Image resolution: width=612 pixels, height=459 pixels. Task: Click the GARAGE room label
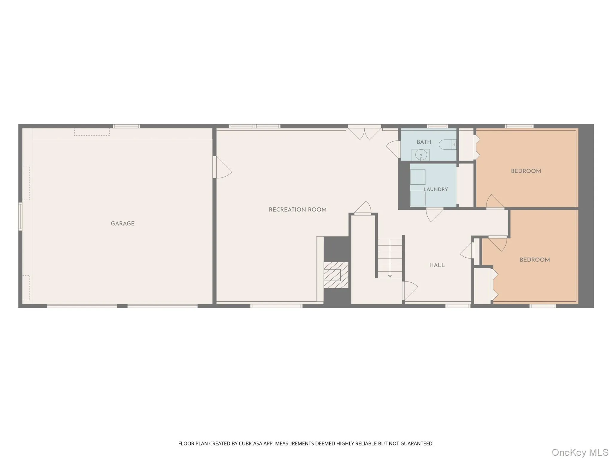(x=123, y=224)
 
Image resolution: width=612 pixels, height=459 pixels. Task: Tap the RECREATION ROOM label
(x=298, y=210)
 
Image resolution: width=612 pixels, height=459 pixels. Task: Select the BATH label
(x=424, y=142)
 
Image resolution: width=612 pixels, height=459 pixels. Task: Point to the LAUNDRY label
(x=436, y=189)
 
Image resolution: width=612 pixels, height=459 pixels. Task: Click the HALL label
(x=437, y=265)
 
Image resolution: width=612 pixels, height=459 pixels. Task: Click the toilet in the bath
(x=447, y=145)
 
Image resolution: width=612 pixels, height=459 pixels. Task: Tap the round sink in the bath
(x=421, y=155)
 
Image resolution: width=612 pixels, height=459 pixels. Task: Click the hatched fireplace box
(x=336, y=275)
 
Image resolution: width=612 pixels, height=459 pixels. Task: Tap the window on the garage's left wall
(x=20, y=216)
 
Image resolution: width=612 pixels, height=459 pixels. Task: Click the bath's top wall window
(x=437, y=126)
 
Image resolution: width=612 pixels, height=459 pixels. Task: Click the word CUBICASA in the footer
(x=250, y=444)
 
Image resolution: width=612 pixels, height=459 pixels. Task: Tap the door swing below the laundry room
(x=434, y=215)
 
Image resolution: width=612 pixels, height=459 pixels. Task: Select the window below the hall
(x=458, y=306)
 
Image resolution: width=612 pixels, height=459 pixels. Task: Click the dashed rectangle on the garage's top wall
(x=92, y=132)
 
